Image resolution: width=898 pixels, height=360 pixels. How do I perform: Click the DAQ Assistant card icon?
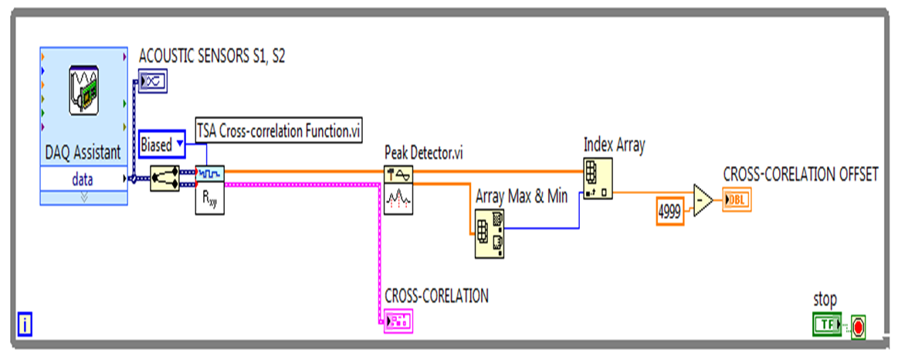(83, 90)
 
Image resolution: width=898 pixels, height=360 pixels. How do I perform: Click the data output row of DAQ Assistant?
(83, 179)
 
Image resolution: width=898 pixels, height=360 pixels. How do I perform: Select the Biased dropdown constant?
(162, 144)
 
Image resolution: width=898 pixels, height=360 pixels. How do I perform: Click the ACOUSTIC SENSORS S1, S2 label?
(212, 56)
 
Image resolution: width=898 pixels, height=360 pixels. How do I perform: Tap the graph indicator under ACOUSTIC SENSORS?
(152, 80)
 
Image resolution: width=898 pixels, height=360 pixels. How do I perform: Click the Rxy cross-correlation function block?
(209, 188)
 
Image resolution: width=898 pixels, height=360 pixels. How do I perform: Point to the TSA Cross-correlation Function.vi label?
(279, 130)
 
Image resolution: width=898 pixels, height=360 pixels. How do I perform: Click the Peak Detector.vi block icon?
(399, 188)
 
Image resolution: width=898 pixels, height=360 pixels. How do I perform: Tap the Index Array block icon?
(598, 178)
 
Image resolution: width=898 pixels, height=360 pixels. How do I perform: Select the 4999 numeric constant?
(671, 210)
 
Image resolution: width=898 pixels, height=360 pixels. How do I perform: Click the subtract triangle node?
(703, 201)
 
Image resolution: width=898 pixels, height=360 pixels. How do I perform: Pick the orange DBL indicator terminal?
(737, 202)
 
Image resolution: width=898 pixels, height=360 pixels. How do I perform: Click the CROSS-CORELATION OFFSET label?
(800, 175)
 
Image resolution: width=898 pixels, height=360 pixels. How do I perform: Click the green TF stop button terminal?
(827, 325)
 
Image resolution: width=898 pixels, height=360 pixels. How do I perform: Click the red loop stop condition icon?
(858, 327)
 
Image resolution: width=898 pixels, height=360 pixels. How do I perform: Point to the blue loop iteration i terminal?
(25, 325)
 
